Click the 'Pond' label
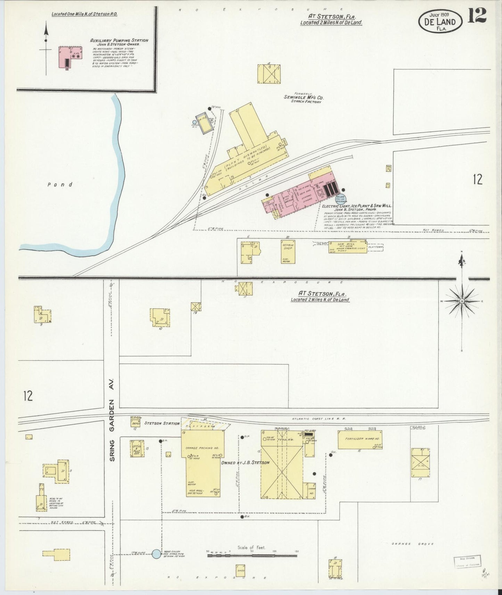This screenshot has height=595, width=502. coord(60,185)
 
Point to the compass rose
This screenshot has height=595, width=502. coord(462,301)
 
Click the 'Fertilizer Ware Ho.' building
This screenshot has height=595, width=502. coord(360,439)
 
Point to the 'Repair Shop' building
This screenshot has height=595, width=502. coord(288,251)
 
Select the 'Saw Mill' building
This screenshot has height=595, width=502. coord(348,246)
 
